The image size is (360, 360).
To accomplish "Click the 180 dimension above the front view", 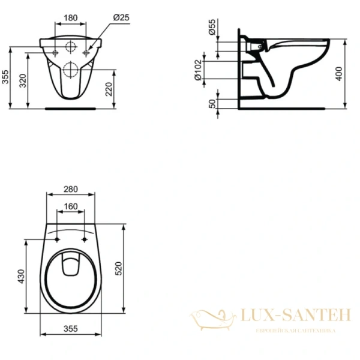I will point(70,18).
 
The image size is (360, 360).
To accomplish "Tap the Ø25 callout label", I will point(122,18).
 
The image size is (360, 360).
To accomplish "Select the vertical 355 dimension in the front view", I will point(5,79).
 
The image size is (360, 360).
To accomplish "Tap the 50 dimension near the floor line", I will point(212,103).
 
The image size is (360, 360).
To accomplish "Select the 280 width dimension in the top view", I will point(70,189).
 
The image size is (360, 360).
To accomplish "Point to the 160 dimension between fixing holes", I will point(70,206).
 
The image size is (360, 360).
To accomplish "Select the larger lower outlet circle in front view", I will point(70,69).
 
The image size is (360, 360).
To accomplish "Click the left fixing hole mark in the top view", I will point(57,240).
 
